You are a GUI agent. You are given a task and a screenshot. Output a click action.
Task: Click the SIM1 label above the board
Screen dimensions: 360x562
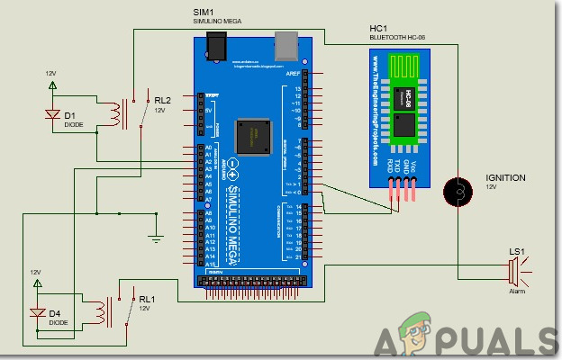pos(203,11)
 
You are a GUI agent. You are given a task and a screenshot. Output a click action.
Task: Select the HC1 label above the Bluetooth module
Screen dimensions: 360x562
pos(378,29)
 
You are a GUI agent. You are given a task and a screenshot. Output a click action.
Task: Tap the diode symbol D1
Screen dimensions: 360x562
pos(52,114)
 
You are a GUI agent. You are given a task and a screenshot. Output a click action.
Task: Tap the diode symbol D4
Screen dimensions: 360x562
pos(37,312)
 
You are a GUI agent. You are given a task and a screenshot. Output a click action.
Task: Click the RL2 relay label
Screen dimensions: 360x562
pos(162,99)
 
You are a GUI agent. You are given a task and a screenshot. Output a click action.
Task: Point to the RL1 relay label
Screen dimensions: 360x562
pos(147,298)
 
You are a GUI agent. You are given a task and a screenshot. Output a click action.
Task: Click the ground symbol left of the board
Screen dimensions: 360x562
pos(155,239)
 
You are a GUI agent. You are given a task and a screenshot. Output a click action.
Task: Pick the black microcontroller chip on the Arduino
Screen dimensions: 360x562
pos(254,136)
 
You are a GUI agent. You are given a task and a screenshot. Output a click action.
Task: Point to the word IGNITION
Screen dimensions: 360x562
pos(505,178)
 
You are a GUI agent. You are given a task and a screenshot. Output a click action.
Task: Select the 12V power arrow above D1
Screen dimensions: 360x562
pos(52,86)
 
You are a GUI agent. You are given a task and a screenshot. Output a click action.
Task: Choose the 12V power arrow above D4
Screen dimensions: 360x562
pos(37,284)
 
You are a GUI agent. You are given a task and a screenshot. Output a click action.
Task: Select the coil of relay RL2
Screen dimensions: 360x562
pos(114,113)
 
